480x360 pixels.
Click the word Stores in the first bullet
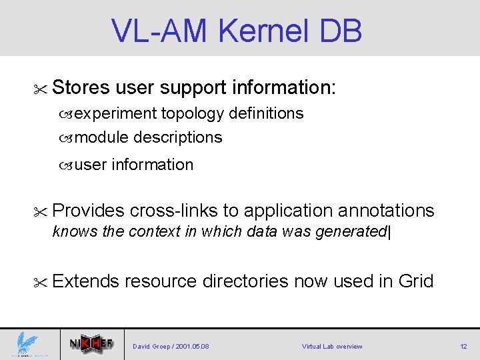81,87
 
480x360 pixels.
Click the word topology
193,114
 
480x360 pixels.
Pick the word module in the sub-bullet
102,137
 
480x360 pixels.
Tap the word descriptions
178,137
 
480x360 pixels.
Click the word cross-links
173,211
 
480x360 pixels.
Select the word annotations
386,211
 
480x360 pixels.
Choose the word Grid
415,281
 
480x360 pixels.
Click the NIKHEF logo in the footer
91,345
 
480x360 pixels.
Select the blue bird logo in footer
27,345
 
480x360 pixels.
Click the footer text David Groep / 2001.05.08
171,347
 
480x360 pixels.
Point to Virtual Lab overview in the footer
332,347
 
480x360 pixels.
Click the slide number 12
463,347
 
